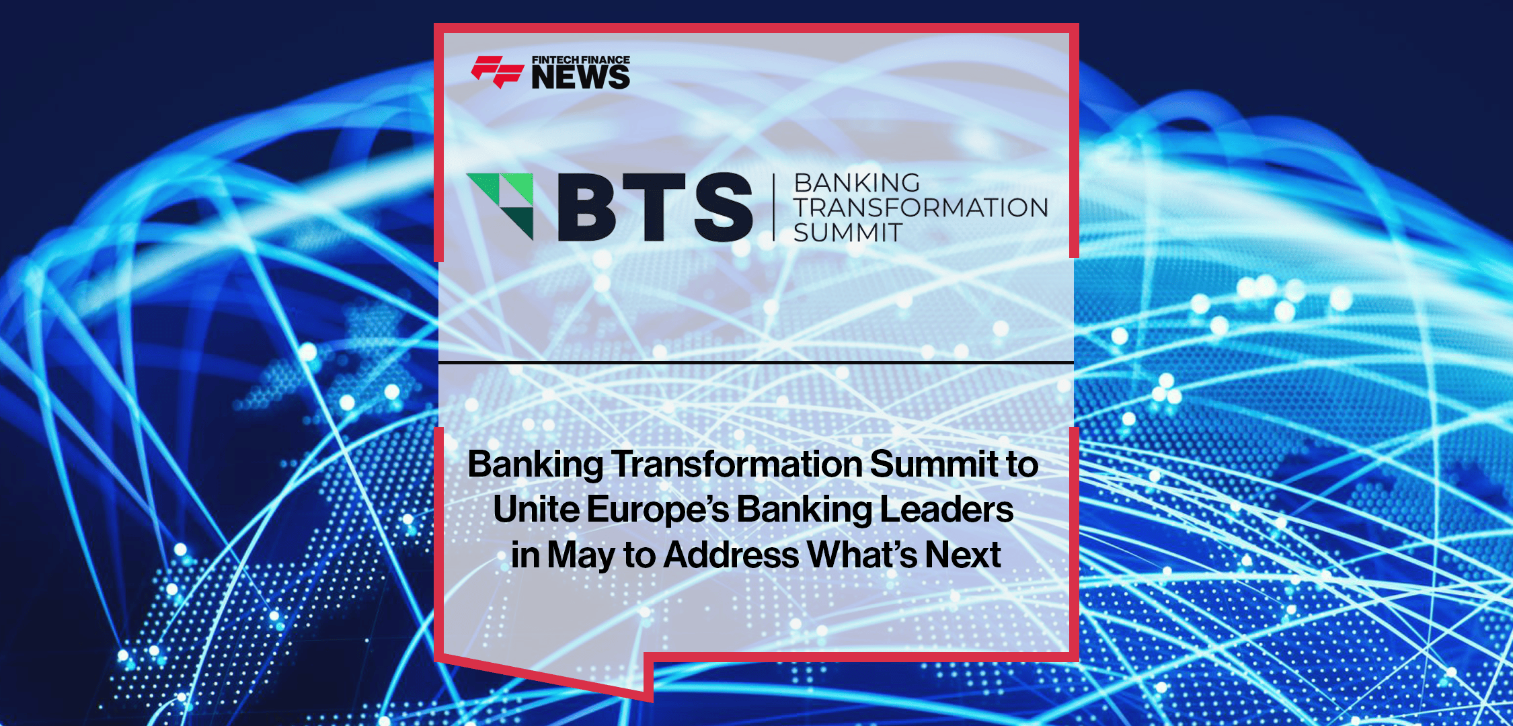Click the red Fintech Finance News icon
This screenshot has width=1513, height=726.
(x=497, y=72)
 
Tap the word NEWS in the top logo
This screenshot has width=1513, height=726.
(x=580, y=78)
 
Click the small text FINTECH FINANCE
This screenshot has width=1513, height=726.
(x=581, y=60)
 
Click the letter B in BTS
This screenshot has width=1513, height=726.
(x=586, y=207)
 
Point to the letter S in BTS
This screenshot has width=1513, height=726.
(x=724, y=207)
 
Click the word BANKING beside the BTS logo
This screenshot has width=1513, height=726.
(x=857, y=183)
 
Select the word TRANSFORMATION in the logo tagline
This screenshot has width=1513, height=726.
(x=921, y=208)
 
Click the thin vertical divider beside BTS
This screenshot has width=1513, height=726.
(x=774, y=207)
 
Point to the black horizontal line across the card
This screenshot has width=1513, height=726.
(x=756, y=363)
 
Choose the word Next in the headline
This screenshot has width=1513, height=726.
(x=963, y=555)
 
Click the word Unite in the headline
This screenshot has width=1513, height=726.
(x=536, y=510)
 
